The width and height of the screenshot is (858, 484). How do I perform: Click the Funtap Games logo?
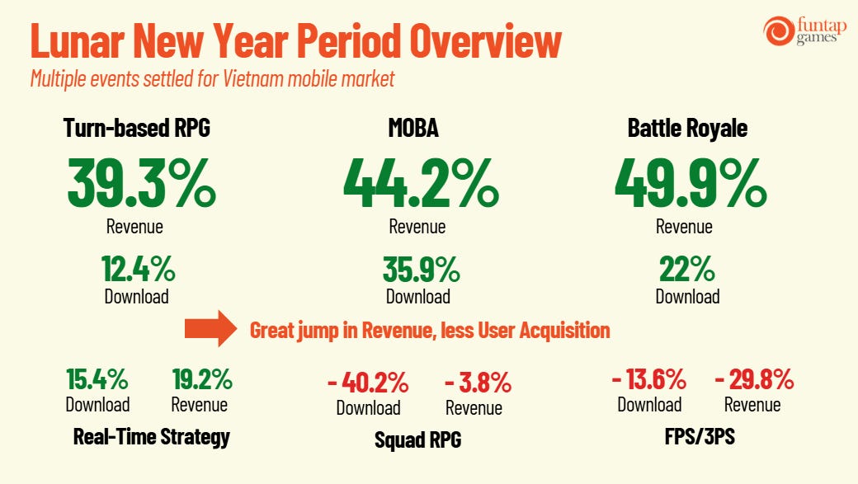[x=805, y=31]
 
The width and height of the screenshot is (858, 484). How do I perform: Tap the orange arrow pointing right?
[x=210, y=329]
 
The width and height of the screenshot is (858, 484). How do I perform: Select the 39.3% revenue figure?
[x=142, y=183]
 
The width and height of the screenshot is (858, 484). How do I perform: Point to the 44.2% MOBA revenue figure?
[x=421, y=183]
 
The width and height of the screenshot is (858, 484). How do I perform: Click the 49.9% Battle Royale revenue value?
[x=691, y=183]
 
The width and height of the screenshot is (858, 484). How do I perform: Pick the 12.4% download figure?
[x=139, y=269]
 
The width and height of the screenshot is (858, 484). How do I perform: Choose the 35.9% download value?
[x=422, y=269]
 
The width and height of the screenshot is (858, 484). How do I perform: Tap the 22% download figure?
[x=687, y=269]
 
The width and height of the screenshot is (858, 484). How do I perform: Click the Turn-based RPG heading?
[x=137, y=128]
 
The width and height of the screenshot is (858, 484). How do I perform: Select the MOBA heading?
[x=413, y=128]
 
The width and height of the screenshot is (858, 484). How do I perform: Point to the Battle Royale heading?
[x=687, y=129]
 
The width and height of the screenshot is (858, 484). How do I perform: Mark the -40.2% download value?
[x=368, y=383]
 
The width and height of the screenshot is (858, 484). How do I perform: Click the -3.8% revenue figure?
[x=478, y=383]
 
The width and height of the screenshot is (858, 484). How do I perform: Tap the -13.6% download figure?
[x=649, y=379]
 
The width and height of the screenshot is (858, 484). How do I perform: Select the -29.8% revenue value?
[x=755, y=379]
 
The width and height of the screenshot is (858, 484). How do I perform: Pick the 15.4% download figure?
[x=97, y=379]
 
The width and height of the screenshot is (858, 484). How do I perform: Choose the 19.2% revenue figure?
[x=202, y=379]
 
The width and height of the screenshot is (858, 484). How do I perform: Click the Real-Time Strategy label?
[x=152, y=437]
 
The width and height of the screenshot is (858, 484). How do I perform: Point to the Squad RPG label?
[x=418, y=439]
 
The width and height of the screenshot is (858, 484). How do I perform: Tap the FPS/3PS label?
[x=700, y=436]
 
